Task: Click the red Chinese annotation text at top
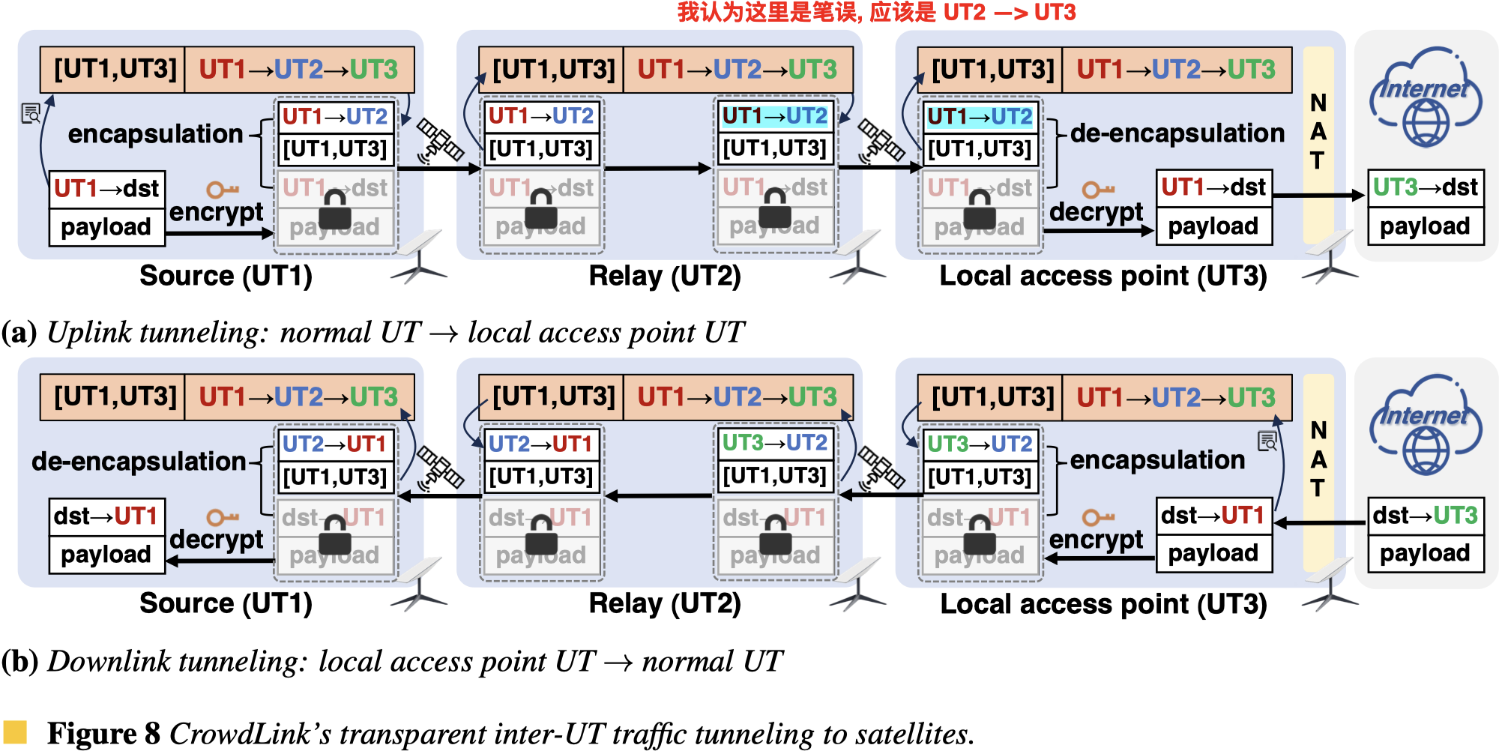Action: pyautogui.click(x=876, y=12)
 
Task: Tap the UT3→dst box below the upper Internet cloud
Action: pyautogui.click(x=1425, y=187)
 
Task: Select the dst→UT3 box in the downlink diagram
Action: pyautogui.click(x=1425, y=516)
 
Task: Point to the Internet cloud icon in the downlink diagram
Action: pyautogui.click(x=1425, y=424)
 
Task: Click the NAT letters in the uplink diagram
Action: pyautogui.click(x=1318, y=132)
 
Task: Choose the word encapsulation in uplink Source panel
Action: pyautogui.click(x=155, y=134)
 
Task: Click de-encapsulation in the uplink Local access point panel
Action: pyautogui.click(x=1177, y=133)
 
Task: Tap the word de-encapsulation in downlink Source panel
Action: pyautogui.click(x=139, y=462)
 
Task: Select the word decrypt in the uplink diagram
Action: pyautogui.click(x=1096, y=212)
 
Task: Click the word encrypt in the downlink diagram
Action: pyautogui.click(x=1096, y=540)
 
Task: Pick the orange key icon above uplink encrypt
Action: pyautogui.click(x=222, y=190)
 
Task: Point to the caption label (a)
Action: pyautogui.click(x=19, y=332)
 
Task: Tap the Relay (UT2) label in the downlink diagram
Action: pyautogui.click(x=665, y=603)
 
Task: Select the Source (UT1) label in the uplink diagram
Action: pyautogui.click(x=226, y=276)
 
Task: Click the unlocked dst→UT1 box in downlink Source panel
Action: pyautogui.click(x=106, y=516)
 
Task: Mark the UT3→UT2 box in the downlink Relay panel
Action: pyautogui.click(x=774, y=443)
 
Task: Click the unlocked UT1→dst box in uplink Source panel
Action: pyautogui.click(x=106, y=188)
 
